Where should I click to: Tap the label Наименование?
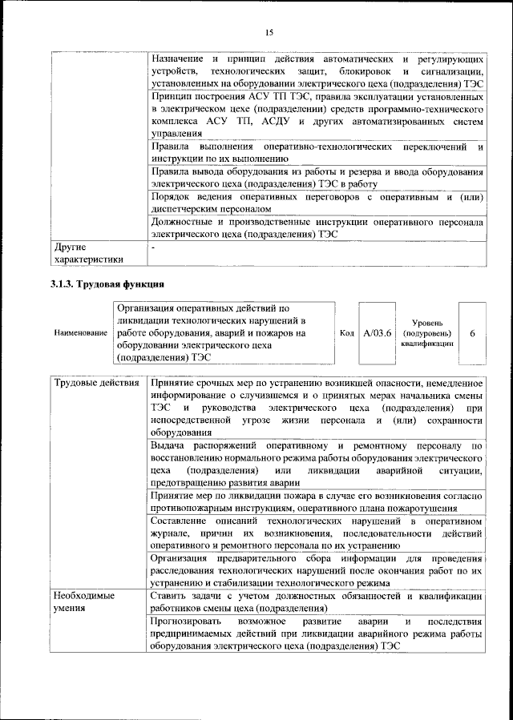tap(80, 332)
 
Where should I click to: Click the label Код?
tap(347, 332)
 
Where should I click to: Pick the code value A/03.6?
tap(377, 332)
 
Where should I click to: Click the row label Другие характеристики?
tap(88, 252)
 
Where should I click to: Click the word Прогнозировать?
tap(188, 621)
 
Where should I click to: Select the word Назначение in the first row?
tap(178, 59)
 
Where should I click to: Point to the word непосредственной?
tap(195, 420)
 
